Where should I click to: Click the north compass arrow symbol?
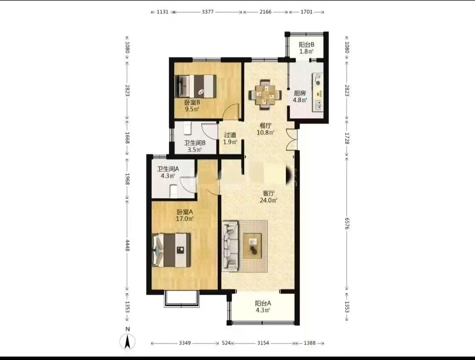pyautogui.click(x=128, y=342)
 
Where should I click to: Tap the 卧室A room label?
pyautogui.click(x=185, y=212)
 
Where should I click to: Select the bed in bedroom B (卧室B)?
pyautogui.click(x=196, y=86)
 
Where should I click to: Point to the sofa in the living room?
pyautogui.click(x=230, y=246)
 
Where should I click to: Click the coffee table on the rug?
pyautogui.click(x=252, y=246)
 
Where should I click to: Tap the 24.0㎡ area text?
pyautogui.click(x=268, y=200)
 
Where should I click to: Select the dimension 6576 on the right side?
pyautogui.click(x=347, y=223)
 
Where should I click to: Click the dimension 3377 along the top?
pyautogui.click(x=208, y=12)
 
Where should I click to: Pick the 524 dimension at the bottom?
pyautogui.click(x=227, y=343)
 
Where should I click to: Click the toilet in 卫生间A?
pyautogui.click(x=173, y=191)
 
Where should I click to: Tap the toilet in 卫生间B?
pyautogui.click(x=187, y=128)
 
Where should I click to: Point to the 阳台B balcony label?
pyautogui.click(x=306, y=44)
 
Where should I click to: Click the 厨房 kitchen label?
pyautogui.click(x=300, y=93)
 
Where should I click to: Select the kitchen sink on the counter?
pyautogui.click(x=318, y=105)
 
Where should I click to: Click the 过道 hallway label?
pyautogui.click(x=230, y=135)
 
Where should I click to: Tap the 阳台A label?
pyautogui.click(x=263, y=303)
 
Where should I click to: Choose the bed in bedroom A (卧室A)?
pyautogui.click(x=172, y=250)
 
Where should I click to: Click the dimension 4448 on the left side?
pyautogui.click(x=128, y=245)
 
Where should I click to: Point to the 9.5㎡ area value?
pyautogui.click(x=192, y=109)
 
